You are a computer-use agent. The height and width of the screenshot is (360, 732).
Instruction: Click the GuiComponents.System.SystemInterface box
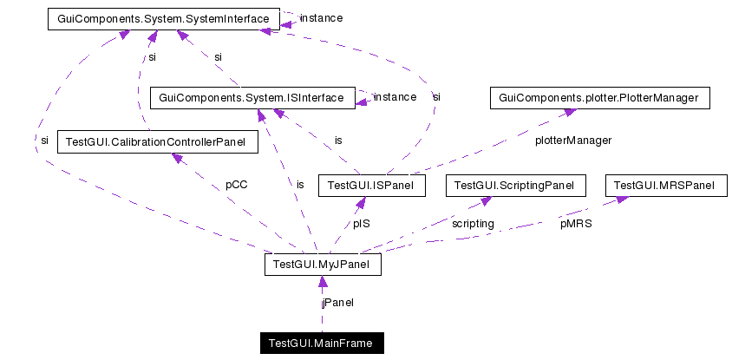pos(163,17)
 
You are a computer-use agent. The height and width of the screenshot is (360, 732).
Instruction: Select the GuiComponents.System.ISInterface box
pos(252,97)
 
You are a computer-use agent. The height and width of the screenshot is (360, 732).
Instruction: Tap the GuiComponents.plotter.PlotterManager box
pos(600,97)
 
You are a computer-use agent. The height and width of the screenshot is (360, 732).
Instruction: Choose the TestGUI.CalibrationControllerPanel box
pos(156,141)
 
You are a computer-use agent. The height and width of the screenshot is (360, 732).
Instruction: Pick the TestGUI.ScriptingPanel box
pos(515,185)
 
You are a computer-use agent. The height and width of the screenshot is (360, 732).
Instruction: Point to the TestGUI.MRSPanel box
pos(664,185)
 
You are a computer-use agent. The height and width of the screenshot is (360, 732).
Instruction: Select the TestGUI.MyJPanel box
pos(323,264)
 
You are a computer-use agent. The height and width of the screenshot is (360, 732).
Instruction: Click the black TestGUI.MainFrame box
pos(321,344)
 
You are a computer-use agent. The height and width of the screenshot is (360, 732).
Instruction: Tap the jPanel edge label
pos(337,303)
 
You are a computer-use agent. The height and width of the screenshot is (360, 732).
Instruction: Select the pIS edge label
pos(363,223)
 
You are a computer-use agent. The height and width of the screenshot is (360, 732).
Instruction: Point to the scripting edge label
pos(473,223)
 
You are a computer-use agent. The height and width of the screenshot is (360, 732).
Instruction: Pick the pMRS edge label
pos(576,223)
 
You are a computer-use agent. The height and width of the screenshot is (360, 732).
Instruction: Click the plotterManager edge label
pos(573,140)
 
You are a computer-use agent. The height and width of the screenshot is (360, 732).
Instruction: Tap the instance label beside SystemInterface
pos(321,17)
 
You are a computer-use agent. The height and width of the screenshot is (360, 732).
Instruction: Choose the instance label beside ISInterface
pos(395,97)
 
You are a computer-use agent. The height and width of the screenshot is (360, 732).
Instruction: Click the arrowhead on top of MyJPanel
pos(323,281)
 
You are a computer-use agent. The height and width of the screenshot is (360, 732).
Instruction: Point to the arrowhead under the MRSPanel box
pos(621,200)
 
